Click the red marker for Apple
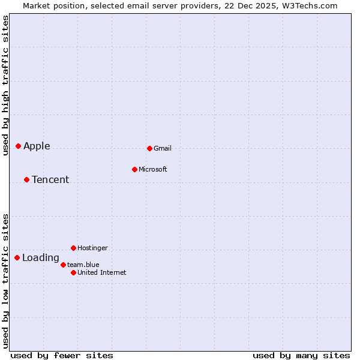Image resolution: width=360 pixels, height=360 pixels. point(18,146)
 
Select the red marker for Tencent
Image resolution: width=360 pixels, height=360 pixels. point(26,179)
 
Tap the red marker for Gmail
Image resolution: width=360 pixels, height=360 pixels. point(149,148)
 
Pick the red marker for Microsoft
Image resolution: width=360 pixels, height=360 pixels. point(134,169)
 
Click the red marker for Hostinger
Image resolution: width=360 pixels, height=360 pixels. point(73,248)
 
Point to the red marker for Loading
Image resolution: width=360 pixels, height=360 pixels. point(17,257)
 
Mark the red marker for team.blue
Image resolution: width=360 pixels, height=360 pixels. point(63,265)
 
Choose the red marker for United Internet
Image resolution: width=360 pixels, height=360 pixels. point(73,272)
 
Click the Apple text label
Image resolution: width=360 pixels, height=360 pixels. point(37,146)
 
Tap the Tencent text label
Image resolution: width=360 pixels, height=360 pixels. point(50,180)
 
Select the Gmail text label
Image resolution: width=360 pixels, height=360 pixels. point(163,149)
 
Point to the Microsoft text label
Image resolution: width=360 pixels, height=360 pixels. point(153,170)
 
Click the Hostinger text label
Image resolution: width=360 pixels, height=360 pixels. point(93,248)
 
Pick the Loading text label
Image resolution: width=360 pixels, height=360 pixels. point(41,259)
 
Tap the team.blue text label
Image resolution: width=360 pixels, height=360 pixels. point(83,265)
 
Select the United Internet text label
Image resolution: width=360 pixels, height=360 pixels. point(102,273)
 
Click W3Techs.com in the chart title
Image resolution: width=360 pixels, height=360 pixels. point(311,6)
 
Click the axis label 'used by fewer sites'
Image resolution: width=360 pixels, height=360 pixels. point(62,355)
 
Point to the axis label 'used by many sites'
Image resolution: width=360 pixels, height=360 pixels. point(301,355)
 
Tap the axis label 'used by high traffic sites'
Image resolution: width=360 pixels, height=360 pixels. point(6,85)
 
